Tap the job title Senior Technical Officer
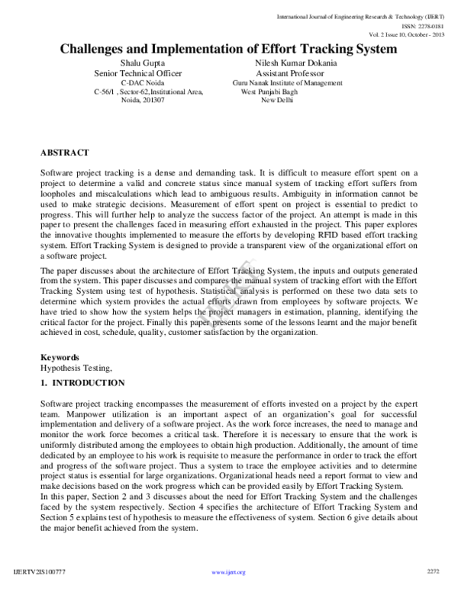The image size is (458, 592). click(137, 73)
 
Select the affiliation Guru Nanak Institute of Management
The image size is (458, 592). click(287, 82)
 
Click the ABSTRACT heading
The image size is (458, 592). click(65, 153)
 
